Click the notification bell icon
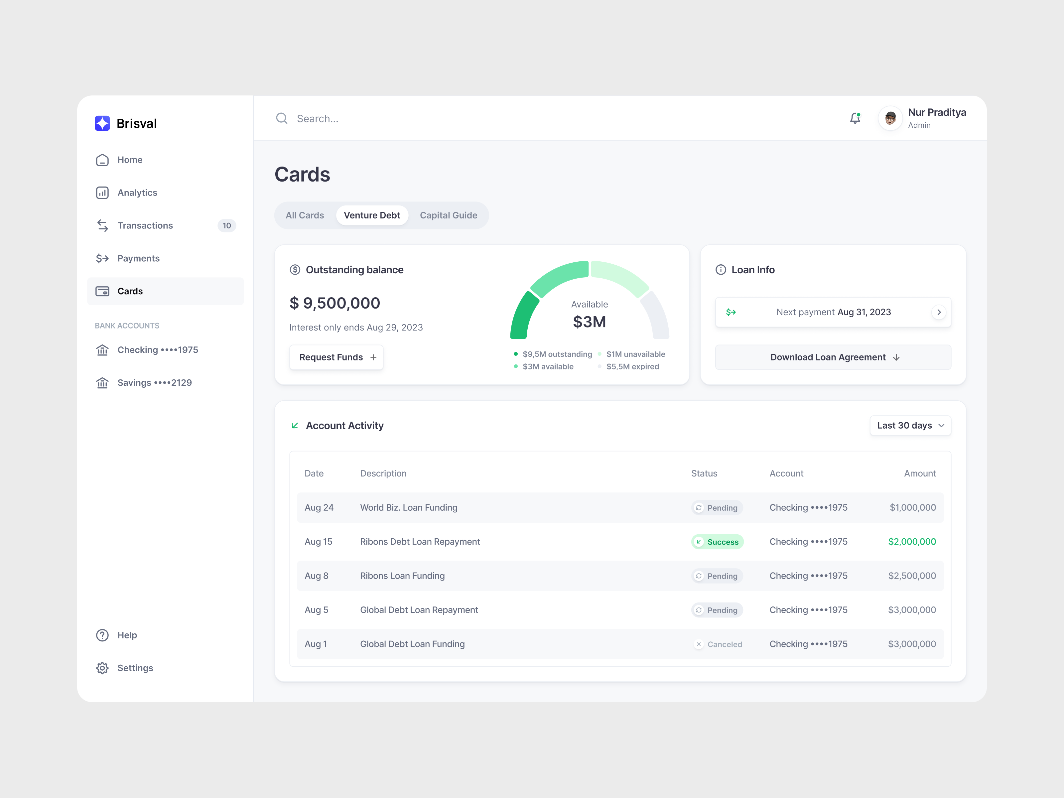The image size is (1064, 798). [x=855, y=118]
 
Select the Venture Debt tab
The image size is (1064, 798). [x=372, y=215]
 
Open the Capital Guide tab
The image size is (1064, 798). [x=448, y=215]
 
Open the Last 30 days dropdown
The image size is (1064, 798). [x=910, y=426]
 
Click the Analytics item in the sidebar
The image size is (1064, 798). [x=137, y=193]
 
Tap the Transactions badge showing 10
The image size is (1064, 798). [x=226, y=225]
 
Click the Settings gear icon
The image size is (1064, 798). [x=102, y=668]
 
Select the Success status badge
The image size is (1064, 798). [x=717, y=542]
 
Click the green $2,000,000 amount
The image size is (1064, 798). [x=911, y=542]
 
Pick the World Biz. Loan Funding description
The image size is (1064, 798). [x=408, y=507]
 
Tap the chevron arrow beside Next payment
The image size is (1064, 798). [x=938, y=312]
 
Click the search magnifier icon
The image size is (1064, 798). [x=282, y=118]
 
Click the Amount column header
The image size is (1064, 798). [x=920, y=473]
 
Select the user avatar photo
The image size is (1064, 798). [x=890, y=118]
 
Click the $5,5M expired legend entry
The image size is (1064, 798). [x=632, y=366]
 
